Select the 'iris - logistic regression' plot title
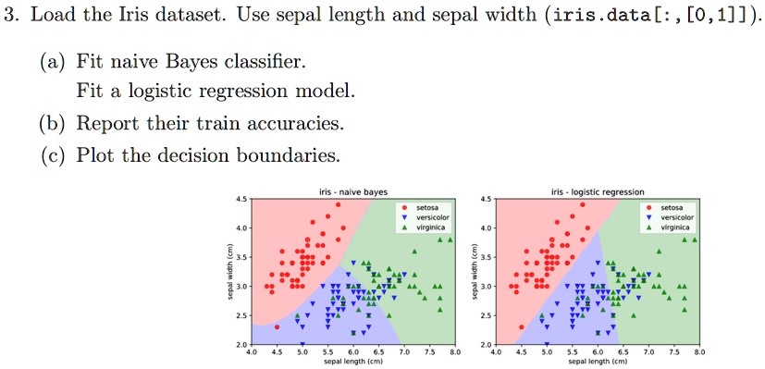(598, 192)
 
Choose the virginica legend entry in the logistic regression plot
(669, 228)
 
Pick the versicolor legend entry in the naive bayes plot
(425, 217)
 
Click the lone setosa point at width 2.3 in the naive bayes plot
(277, 327)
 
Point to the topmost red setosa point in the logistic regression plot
(583, 204)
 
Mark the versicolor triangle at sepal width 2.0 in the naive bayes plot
(302, 344)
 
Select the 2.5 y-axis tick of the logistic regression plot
(487, 315)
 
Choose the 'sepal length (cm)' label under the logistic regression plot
(598, 362)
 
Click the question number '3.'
(13, 17)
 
